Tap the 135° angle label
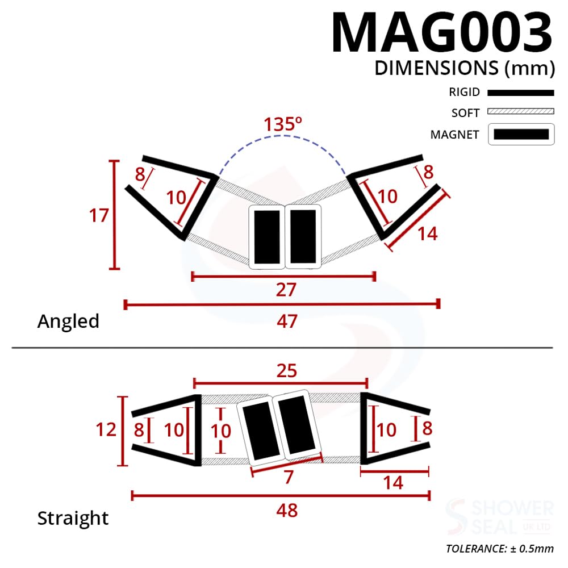point(282,124)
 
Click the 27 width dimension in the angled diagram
point(286,290)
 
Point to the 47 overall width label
point(287,321)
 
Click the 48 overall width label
point(287,510)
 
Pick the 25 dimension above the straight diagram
point(286,371)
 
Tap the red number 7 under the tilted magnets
point(289,477)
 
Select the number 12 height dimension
point(106,429)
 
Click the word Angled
point(68,321)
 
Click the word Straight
point(73,519)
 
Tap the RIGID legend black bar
point(520,93)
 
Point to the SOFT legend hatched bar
point(520,112)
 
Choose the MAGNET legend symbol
point(521,135)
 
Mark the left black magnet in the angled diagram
point(266,236)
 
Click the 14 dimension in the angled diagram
point(428,233)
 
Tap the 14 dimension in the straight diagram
point(393,483)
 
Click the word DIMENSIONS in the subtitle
point(436,68)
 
